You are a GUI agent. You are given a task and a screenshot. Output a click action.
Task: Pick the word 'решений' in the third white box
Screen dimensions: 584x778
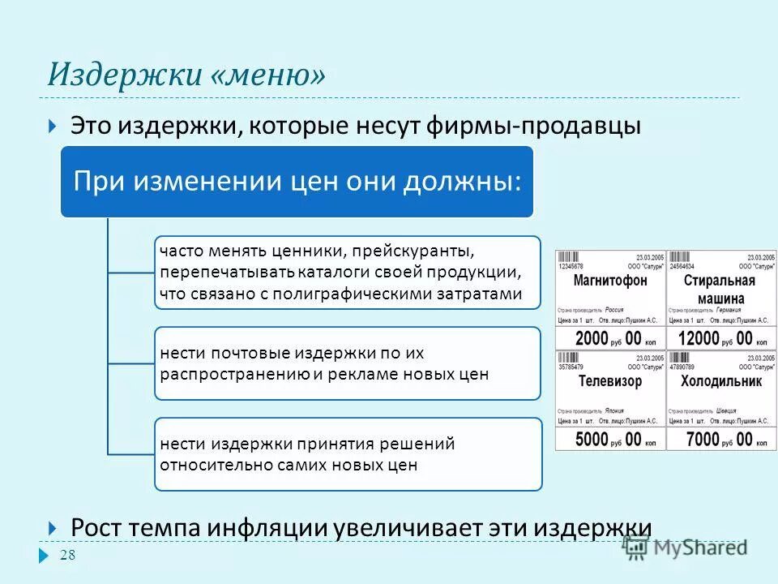(417, 444)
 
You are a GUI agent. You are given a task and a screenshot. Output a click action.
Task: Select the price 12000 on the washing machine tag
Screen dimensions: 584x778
(699, 337)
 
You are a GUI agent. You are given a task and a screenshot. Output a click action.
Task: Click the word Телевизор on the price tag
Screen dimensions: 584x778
(609, 381)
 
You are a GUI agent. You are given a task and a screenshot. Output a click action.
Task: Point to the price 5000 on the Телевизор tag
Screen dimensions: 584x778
(595, 439)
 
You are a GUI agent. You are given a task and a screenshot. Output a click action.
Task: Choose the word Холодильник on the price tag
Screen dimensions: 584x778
(720, 381)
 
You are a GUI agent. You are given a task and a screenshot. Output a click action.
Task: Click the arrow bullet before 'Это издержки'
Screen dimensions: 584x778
(52, 126)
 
